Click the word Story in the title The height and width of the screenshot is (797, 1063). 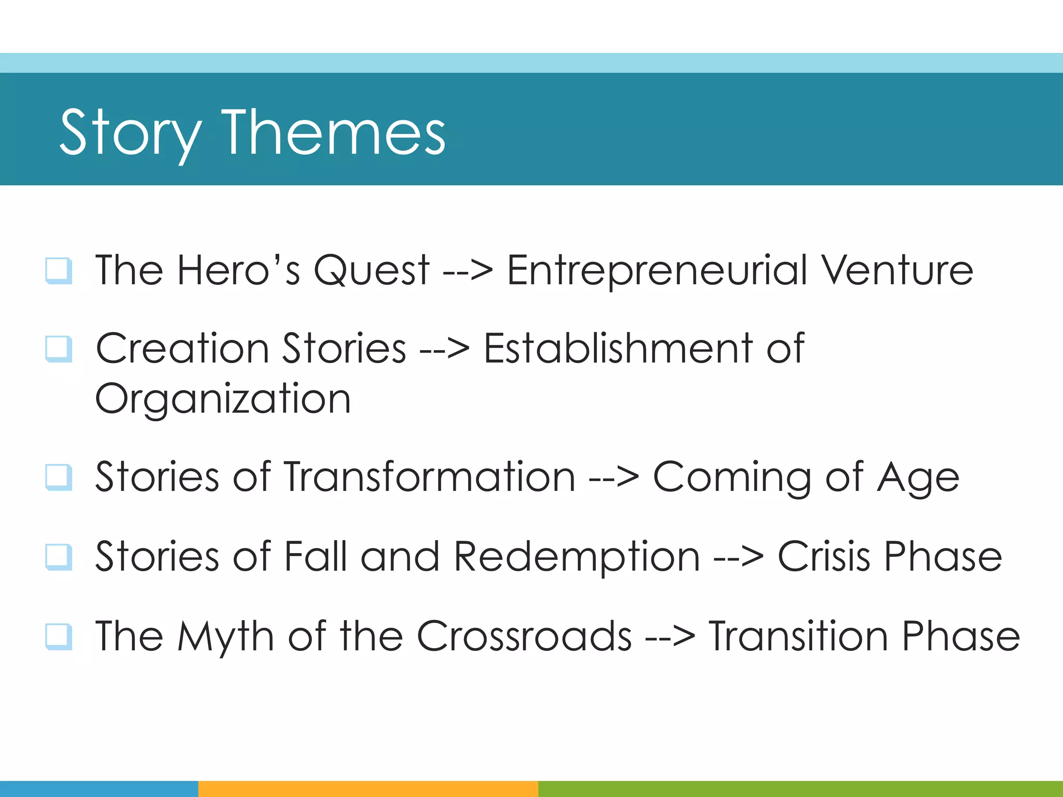coord(131,134)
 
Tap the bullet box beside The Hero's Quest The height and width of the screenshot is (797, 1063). coord(58,270)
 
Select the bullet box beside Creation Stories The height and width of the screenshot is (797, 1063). coord(58,349)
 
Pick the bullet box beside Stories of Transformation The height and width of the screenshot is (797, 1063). coord(58,477)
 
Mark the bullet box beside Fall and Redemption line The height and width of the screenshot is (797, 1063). coord(58,556)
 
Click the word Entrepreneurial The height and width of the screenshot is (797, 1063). coord(657,271)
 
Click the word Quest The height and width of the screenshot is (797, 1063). coord(372,271)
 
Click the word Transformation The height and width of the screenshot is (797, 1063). coord(429,476)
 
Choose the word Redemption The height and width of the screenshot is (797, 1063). coord(577,557)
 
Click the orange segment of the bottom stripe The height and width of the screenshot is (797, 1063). coord(367,789)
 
